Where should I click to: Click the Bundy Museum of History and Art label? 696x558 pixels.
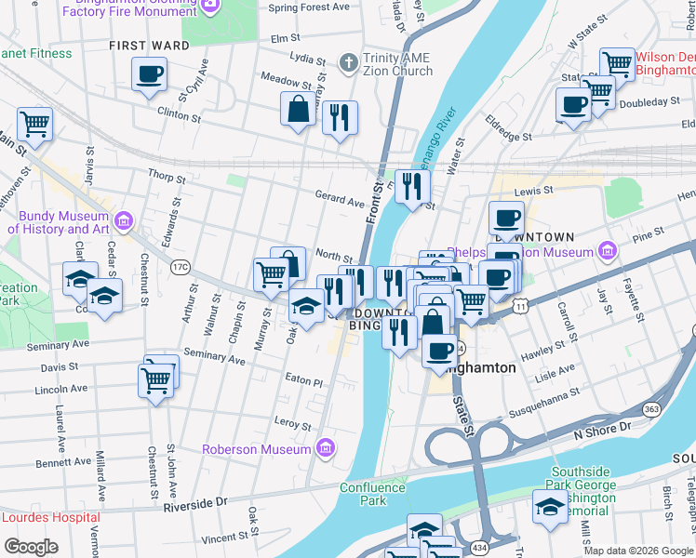click(59, 222)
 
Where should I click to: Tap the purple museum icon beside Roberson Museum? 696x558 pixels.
click(325, 449)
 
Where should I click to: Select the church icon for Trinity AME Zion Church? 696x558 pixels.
click(349, 64)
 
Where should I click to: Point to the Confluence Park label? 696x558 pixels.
click(374, 494)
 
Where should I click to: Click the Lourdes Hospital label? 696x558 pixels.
click(50, 517)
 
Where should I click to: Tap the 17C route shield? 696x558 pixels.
click(180, 268)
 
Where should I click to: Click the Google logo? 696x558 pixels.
click(31, 547)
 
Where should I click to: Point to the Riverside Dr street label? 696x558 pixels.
click(195, 503)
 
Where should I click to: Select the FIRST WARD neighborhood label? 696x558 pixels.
click(142, 45)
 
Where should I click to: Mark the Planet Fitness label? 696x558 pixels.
click(35, 53)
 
